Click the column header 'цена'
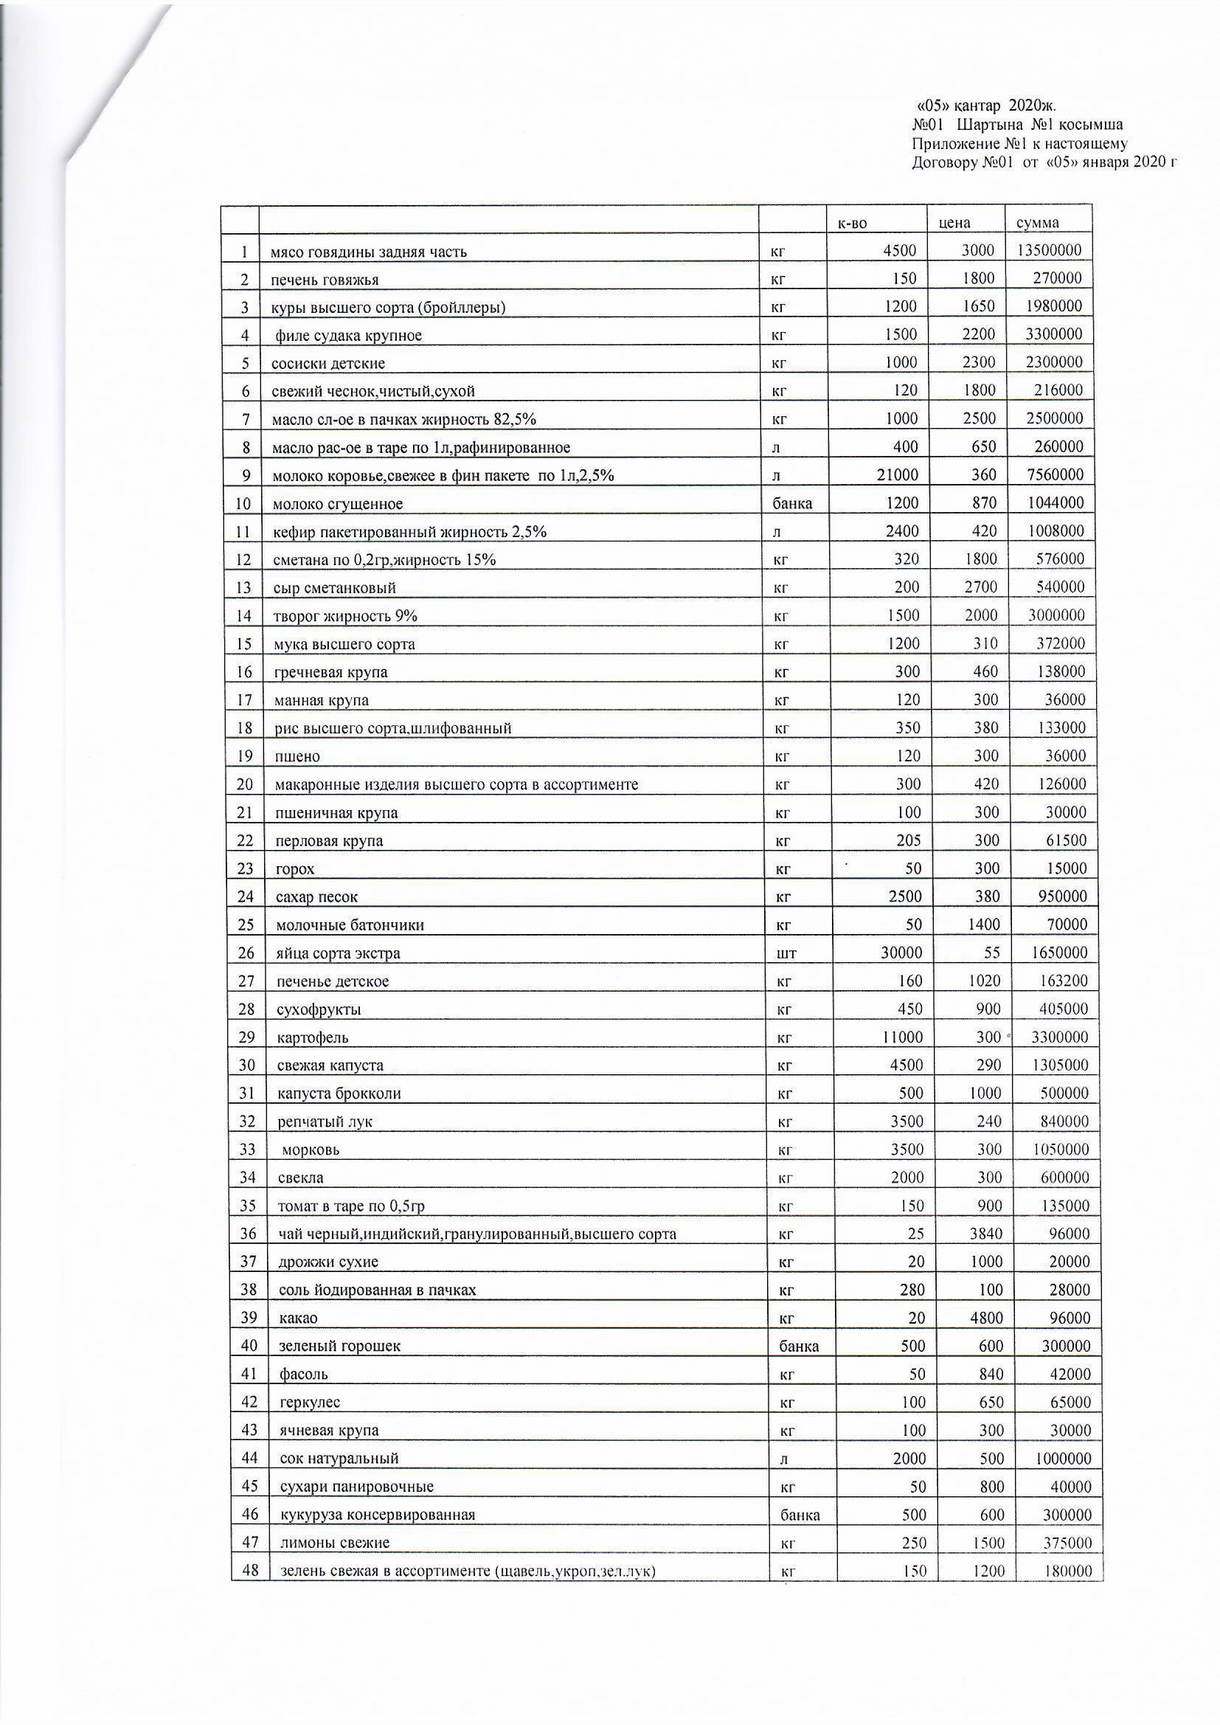[x=954, y=223]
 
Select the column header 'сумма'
[x=1038, y=223]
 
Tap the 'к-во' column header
[x=855, y=223]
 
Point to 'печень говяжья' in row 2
[x=325, y=280]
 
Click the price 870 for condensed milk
[x=982, y=502]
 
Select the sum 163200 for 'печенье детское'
[x=1060, y=981]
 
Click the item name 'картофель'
[x=313, y=1038]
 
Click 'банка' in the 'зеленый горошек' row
[x=799, y=1347]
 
